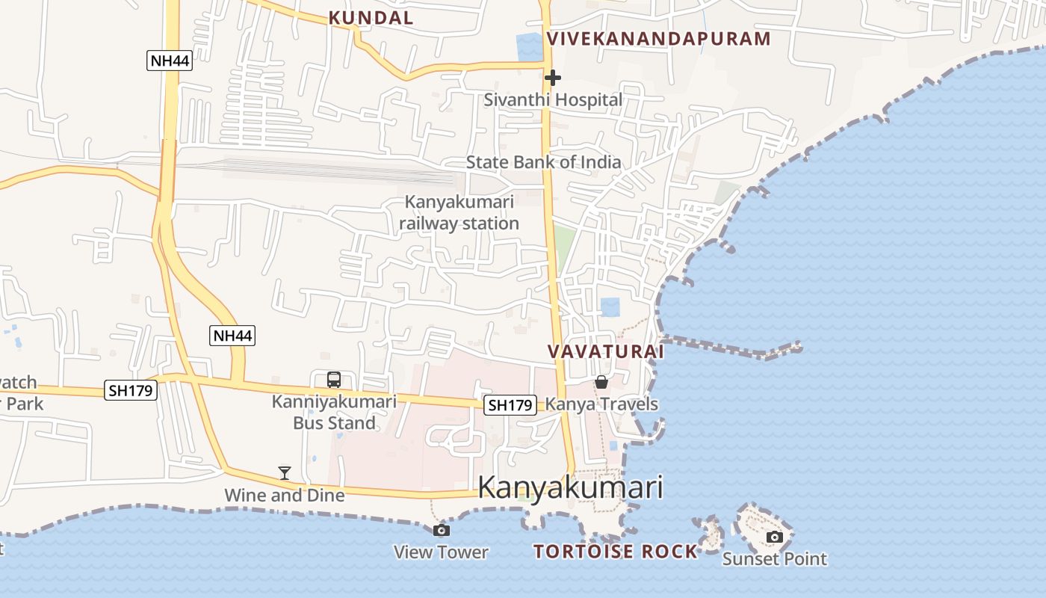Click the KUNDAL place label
[371, 18]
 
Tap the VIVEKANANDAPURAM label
[658, 39]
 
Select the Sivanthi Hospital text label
[553, 99]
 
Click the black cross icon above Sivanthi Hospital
[553, 77]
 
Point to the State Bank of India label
[543, 161]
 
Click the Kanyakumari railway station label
[459, 212]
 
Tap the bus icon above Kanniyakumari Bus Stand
[334, 380]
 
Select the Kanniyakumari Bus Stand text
[334, 413]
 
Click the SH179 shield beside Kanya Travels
[510, 405]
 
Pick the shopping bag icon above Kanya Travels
[601, 383]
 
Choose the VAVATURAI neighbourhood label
[605, 351]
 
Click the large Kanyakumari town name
[570, 487]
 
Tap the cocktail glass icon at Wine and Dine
[285, 472]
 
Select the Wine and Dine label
[285, 495]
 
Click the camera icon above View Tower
[442, 530]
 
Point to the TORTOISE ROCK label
[615, 552]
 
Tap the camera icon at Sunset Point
[775, 537]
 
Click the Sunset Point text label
[775, 558]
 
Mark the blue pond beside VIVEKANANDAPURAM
[530, 47]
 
